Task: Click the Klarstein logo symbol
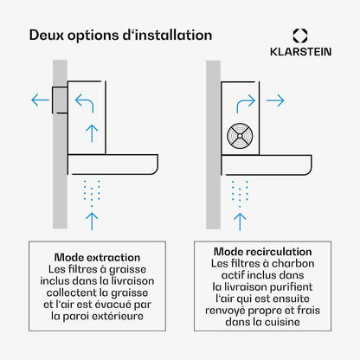coord(300,35)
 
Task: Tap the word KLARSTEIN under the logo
coord(300,52)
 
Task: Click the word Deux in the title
coord(46,35)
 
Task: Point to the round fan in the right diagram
coord(240,136)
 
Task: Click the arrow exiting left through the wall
coord(40,100)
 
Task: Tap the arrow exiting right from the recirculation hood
coord(275,100)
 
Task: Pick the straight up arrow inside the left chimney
coord(92,133)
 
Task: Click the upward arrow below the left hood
coord(92,222)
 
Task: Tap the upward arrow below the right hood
coord(240,222)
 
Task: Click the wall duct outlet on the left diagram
coord(60,100)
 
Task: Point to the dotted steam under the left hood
coord(92,193)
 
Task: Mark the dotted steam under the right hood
coord(240,194)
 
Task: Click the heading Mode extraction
coord(97,257)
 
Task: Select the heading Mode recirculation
coord(262,252)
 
